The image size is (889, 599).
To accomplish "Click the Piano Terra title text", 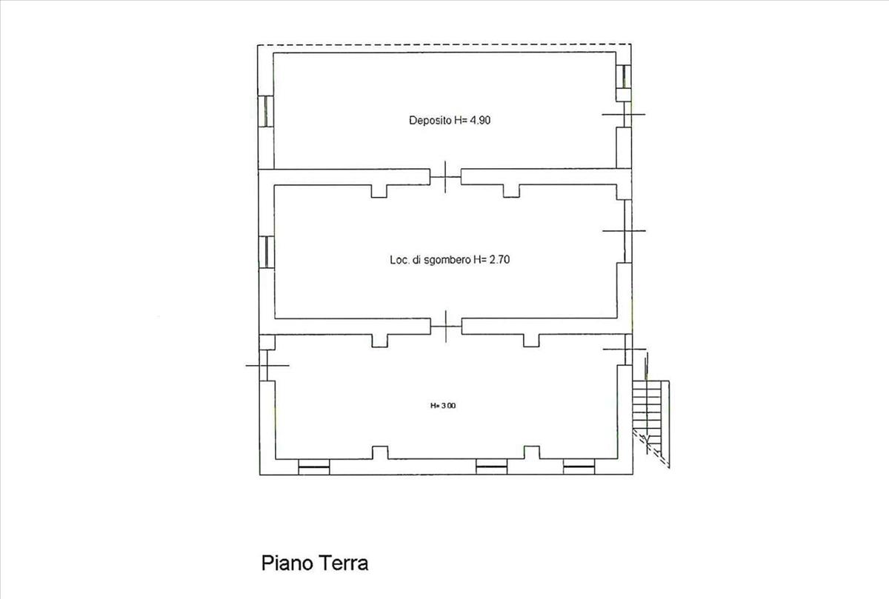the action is (315, 563).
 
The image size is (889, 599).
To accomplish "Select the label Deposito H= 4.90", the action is (450, 120).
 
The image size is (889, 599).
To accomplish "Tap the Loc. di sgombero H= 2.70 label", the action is (450, 260).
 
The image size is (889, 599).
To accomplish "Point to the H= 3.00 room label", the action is (443, 406).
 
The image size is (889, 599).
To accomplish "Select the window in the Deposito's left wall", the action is (266, 112).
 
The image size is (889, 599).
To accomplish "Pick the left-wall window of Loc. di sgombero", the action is (267, 252).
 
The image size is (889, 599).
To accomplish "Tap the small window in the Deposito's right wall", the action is (624, 76).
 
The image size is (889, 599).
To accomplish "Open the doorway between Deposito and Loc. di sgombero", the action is (445, 177).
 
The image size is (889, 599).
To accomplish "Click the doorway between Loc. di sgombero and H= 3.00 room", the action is (446, 327).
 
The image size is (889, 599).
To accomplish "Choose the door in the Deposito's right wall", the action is (624, 114).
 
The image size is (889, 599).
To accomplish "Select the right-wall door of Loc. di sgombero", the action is (625, 230).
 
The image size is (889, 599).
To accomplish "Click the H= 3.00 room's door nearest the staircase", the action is (625, 349).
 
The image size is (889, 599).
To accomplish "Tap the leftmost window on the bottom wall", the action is (314, 467).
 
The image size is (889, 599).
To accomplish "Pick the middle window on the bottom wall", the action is (492, 467).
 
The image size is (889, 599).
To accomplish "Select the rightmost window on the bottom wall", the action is (579, 467).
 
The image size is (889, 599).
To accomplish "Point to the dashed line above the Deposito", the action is (444, 44).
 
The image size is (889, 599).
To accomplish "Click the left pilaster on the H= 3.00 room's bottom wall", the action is (380, 452).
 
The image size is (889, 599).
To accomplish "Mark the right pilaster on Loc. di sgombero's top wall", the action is (511, 191).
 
